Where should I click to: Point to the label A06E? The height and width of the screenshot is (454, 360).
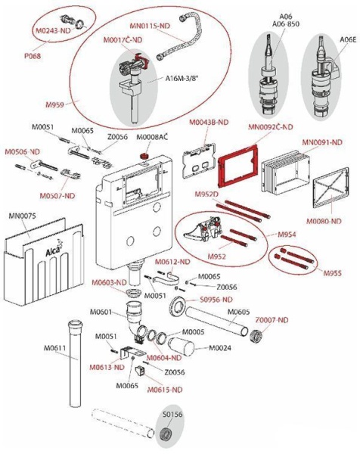346,39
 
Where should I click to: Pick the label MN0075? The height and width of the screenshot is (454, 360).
23,216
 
